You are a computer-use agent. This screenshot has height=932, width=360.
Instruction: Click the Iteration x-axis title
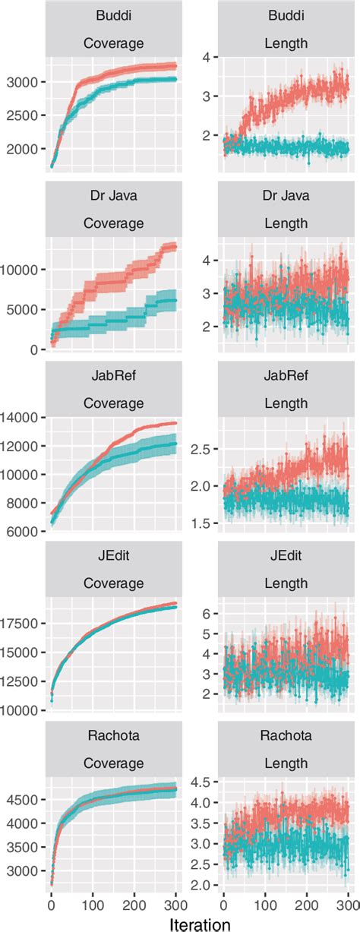201,922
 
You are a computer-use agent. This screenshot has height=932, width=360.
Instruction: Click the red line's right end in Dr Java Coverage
175,245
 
